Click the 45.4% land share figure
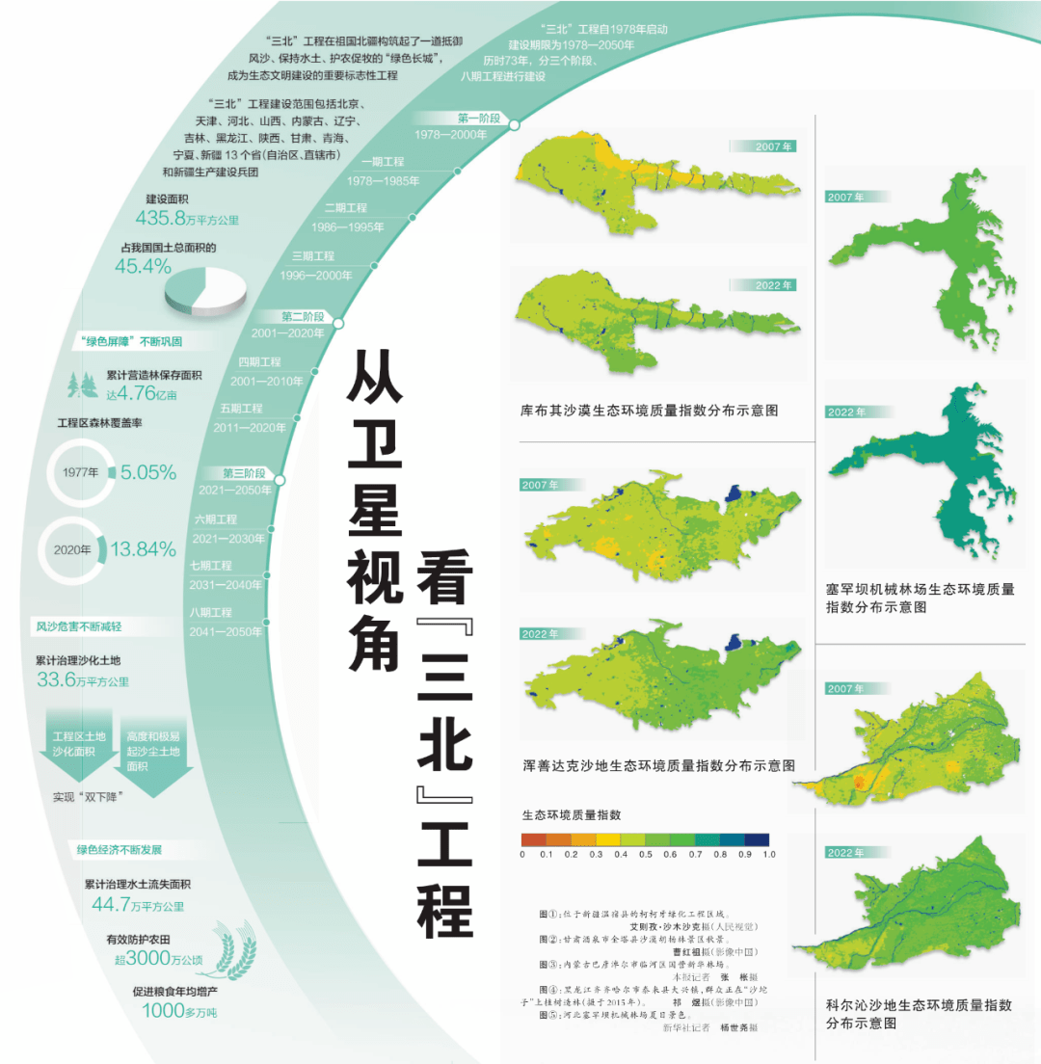click(143, 266)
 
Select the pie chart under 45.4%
click(205, 288)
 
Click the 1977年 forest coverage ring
click(81, 473)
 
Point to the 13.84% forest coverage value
click(143, 549)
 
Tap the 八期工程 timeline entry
click(211, 612)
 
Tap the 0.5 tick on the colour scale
click(645, 854)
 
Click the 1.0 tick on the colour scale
click(768, 854)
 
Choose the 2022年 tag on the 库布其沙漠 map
click(761, 285)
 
